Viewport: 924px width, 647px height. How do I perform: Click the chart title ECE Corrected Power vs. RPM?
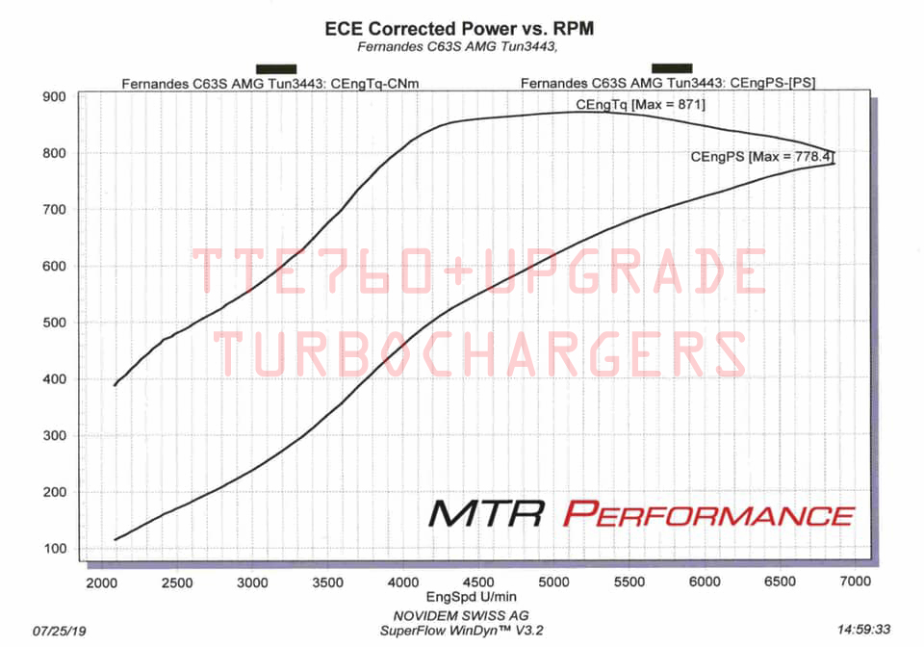459,29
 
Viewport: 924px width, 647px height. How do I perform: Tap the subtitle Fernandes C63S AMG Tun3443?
459,46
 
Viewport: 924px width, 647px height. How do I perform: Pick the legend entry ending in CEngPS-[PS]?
668,83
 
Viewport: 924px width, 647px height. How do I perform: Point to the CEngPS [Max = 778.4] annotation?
761,155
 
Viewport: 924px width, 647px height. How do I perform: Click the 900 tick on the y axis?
53,96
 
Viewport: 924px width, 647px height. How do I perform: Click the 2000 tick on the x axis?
100,582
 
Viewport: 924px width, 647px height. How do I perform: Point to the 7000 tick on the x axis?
855,582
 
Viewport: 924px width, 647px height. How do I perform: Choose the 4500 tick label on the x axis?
477,582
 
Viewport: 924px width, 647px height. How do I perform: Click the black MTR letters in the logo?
488,513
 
